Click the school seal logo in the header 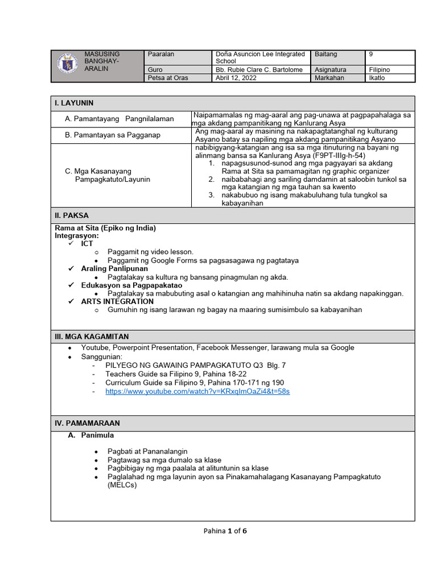(69, 63)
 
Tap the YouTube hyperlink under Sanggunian (197, 392)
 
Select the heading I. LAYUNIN (74, 103)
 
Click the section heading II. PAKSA (72, 215)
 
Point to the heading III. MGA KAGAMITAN (92, 336)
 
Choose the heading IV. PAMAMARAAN (87, 423)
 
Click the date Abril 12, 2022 (236, 78)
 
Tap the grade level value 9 (371, 54)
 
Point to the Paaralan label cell (161, 54)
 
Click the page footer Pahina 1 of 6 (225, 531)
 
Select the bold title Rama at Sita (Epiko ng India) (105, 228)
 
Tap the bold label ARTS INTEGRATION (117, 301)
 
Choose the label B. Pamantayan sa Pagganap (113, 135)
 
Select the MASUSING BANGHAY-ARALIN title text (102, 61)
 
